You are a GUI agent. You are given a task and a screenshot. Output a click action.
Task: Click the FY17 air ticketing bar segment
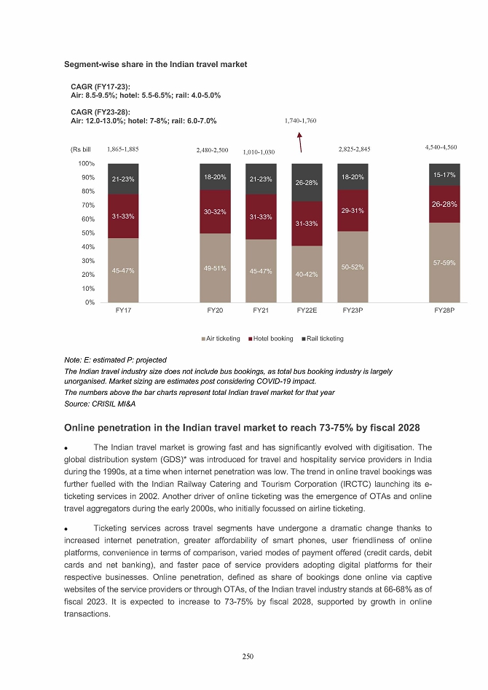123,270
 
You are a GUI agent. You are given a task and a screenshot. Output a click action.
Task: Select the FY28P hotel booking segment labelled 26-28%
444,205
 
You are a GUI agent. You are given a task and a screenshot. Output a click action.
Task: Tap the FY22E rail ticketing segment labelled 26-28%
307,183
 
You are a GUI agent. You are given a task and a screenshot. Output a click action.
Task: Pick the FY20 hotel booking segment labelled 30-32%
215,211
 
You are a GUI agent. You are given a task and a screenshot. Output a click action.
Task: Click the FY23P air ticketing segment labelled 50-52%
353,267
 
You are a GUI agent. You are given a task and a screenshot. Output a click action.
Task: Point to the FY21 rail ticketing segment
261,179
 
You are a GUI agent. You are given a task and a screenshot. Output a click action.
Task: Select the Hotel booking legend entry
271,339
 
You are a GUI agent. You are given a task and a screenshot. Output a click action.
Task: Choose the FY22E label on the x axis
307,310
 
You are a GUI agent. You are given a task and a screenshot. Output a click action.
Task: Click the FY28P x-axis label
444,310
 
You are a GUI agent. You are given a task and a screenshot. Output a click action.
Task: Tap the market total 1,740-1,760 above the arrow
299,120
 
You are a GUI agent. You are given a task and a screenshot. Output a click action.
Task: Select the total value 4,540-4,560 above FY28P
441,148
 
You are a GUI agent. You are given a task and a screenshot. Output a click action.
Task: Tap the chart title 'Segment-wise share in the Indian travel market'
156,64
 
